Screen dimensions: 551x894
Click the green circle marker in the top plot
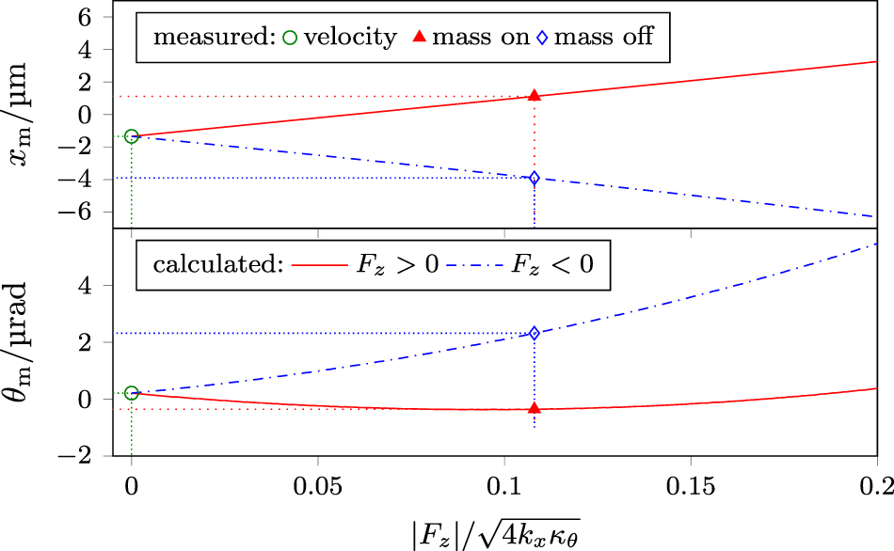click(x=132, y=137)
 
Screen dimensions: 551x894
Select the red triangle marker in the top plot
click(x=535, y=96)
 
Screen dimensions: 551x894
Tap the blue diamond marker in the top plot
click(x=535, y=178)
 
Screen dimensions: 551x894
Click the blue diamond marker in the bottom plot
click(x=535, y=333)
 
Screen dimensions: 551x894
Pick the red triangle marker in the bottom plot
click(x=535, y=408)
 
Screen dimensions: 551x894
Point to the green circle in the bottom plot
click(x=132, y=393)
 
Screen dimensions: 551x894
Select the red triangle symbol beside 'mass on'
click(x=421, y=38)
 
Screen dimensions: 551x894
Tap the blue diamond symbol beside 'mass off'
click(x=542, y=38)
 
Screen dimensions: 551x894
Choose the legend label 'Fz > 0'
click(x=397, y=266)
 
